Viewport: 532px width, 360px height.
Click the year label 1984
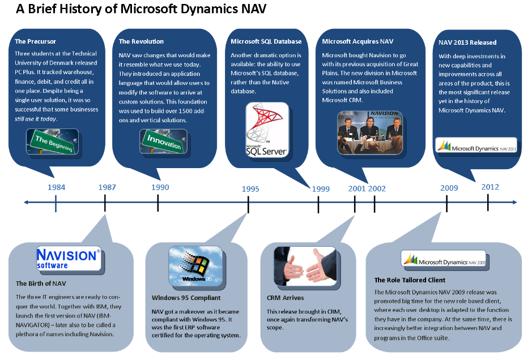56,187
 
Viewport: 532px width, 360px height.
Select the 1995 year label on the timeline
250,189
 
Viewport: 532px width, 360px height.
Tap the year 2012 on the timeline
490,187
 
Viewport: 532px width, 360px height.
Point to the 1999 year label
321,189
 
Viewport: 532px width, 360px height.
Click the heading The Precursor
36,41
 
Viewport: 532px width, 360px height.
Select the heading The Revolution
141,41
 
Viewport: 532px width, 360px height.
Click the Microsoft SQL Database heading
266,41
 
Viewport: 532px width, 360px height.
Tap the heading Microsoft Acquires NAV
357,41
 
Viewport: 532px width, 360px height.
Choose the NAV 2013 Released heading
467,42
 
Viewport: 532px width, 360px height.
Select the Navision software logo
69,258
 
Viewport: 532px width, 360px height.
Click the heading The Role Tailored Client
410,280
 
